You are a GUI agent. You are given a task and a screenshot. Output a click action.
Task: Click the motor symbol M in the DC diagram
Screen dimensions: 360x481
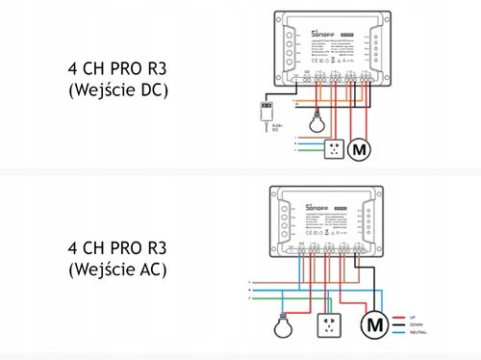(x=359, y=149)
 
